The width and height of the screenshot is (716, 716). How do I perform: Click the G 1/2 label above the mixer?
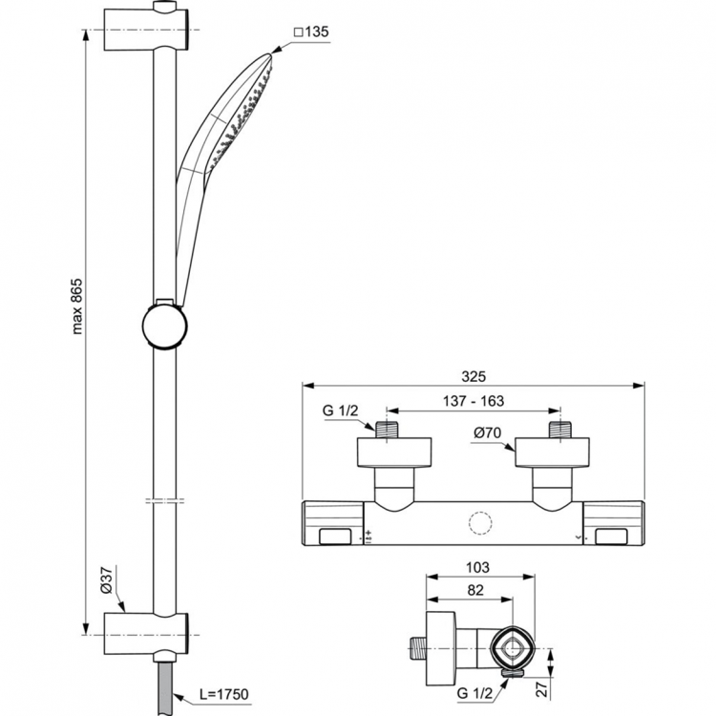coord(339,411)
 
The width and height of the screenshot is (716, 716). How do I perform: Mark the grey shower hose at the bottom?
coord(167,683)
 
